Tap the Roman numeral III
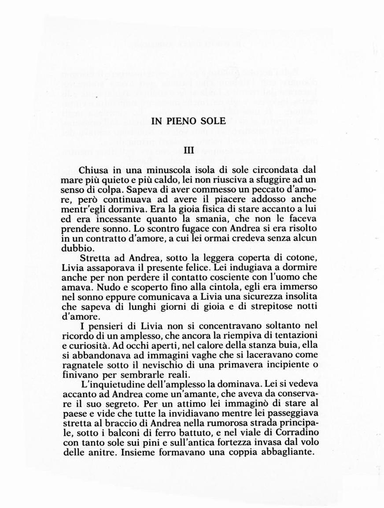pos(188,150)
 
